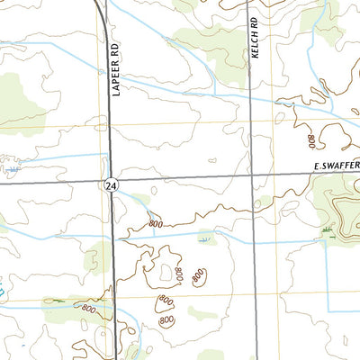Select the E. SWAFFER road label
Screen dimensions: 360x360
tap(337, 166)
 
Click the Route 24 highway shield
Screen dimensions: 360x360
tap(109, 184)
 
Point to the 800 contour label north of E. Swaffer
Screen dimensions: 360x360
tap(311, 140)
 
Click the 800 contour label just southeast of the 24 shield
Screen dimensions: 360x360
tap(155, 223)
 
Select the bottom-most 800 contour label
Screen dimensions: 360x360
tap(166, 320)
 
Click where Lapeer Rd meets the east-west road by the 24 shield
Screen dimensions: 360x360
tap(110, 175)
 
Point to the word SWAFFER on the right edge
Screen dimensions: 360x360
tap(343, 166)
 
